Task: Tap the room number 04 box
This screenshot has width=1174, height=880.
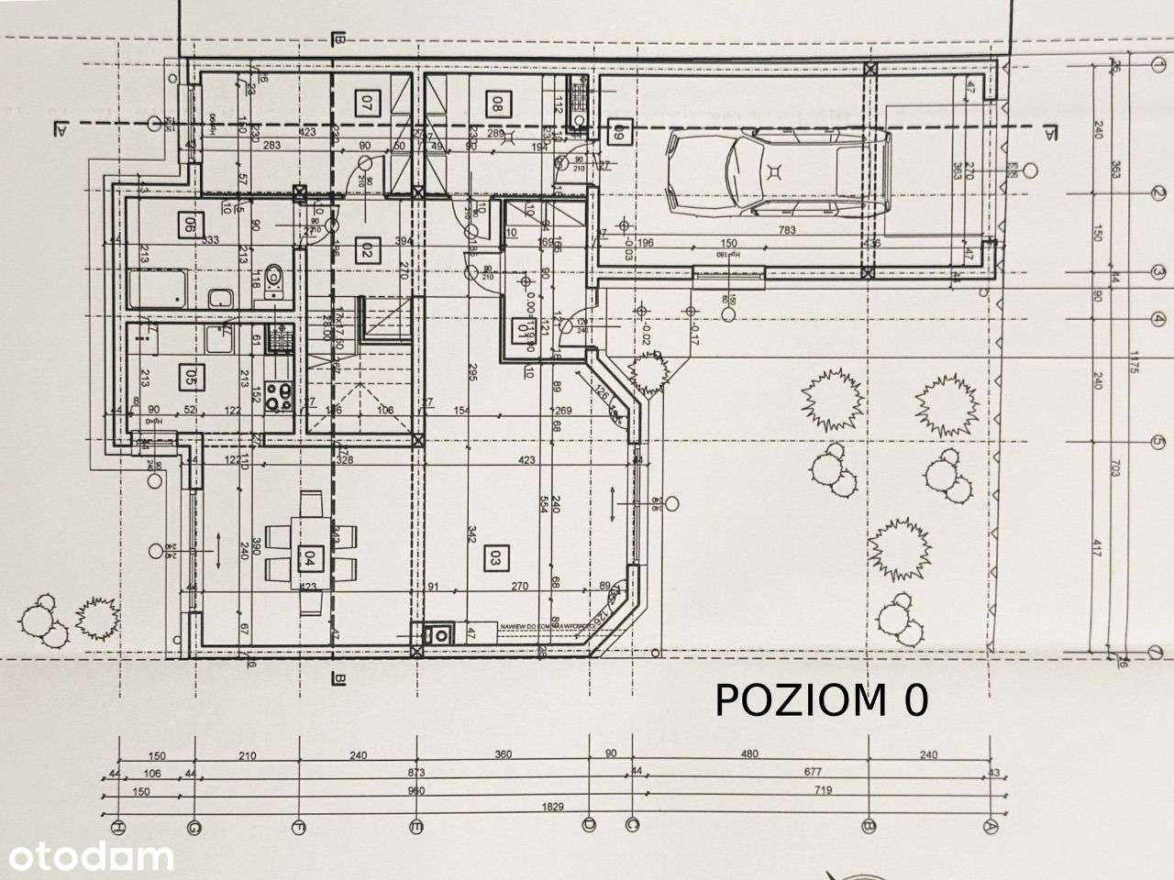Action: (x=311, y=555)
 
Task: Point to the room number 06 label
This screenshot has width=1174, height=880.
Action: (x=191, y=224)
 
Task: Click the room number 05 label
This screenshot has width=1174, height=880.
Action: (x=191, y=375)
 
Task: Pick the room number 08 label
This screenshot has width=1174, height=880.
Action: (x=497, y=104)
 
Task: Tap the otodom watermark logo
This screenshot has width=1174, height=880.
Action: (x=87, y=857)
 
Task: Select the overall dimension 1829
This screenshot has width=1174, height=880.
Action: (x=554, y=808)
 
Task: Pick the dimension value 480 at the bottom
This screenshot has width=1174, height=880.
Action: (x=749, y=756)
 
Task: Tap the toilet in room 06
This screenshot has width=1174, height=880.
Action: (x=273, y=291)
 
